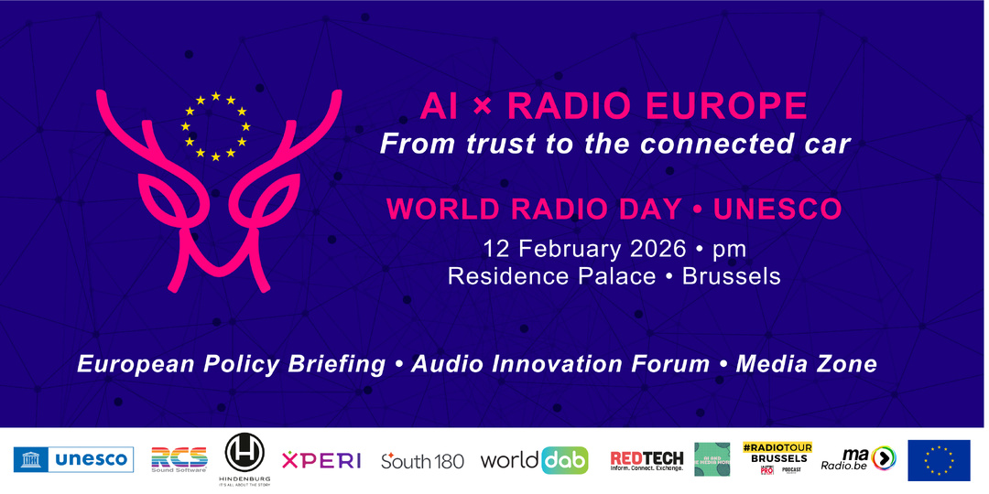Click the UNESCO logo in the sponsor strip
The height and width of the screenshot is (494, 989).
(74, 459)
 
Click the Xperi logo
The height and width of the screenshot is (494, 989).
(321, 460)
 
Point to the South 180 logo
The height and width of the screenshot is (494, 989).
(422, 460)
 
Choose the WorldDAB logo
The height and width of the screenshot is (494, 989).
(535, 459)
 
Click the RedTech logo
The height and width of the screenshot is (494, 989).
(647, 459)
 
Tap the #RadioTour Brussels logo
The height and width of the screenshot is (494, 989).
(775, 458)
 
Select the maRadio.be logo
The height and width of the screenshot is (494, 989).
(857, 458)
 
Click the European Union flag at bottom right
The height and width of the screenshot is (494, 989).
(939, 459)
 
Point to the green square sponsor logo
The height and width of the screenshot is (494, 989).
(712, 459)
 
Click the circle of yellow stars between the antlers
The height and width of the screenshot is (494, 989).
(215, 126)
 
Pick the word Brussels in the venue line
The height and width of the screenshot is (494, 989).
(732, 275)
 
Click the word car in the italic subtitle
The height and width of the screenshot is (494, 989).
(827, 145)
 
